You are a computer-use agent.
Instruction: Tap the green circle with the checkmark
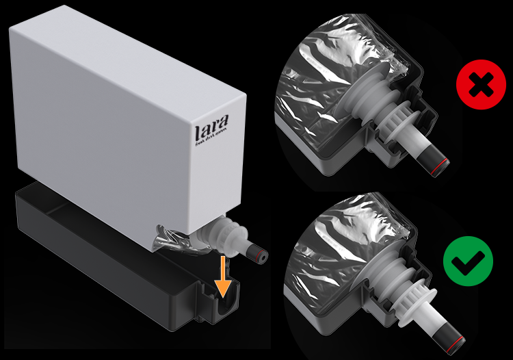point(467,259)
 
